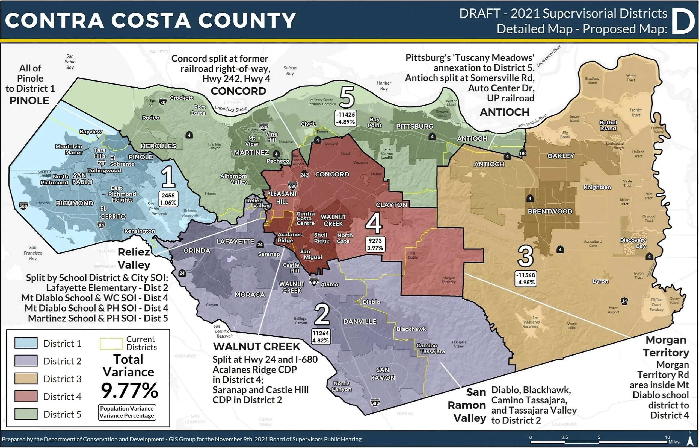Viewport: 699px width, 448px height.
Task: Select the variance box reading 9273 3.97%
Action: (x=375, y=244)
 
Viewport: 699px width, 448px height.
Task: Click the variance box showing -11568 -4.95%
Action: (x=525, y=279)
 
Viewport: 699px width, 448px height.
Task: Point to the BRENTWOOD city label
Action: (x=550, y=211)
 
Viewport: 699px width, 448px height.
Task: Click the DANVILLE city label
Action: (x=360, y=321)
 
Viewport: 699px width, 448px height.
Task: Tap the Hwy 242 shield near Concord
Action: (x=304, y=174)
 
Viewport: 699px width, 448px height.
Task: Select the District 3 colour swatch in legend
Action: (x=26, y=379)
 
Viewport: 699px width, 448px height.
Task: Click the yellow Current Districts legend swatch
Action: (x=111, y=344)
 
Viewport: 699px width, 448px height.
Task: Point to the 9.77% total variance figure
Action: (x=129, y=390)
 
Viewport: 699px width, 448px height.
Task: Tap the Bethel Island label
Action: (x=608, y=125)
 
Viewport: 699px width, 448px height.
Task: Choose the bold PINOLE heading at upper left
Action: (x=29, y=101)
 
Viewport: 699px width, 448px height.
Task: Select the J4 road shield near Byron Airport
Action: (x=624, y=301)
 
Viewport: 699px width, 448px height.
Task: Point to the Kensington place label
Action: (x=140, y=231)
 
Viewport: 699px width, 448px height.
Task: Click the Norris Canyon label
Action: (x=341, y=386)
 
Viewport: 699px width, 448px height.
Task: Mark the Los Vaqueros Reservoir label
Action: (x=531, y=322)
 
